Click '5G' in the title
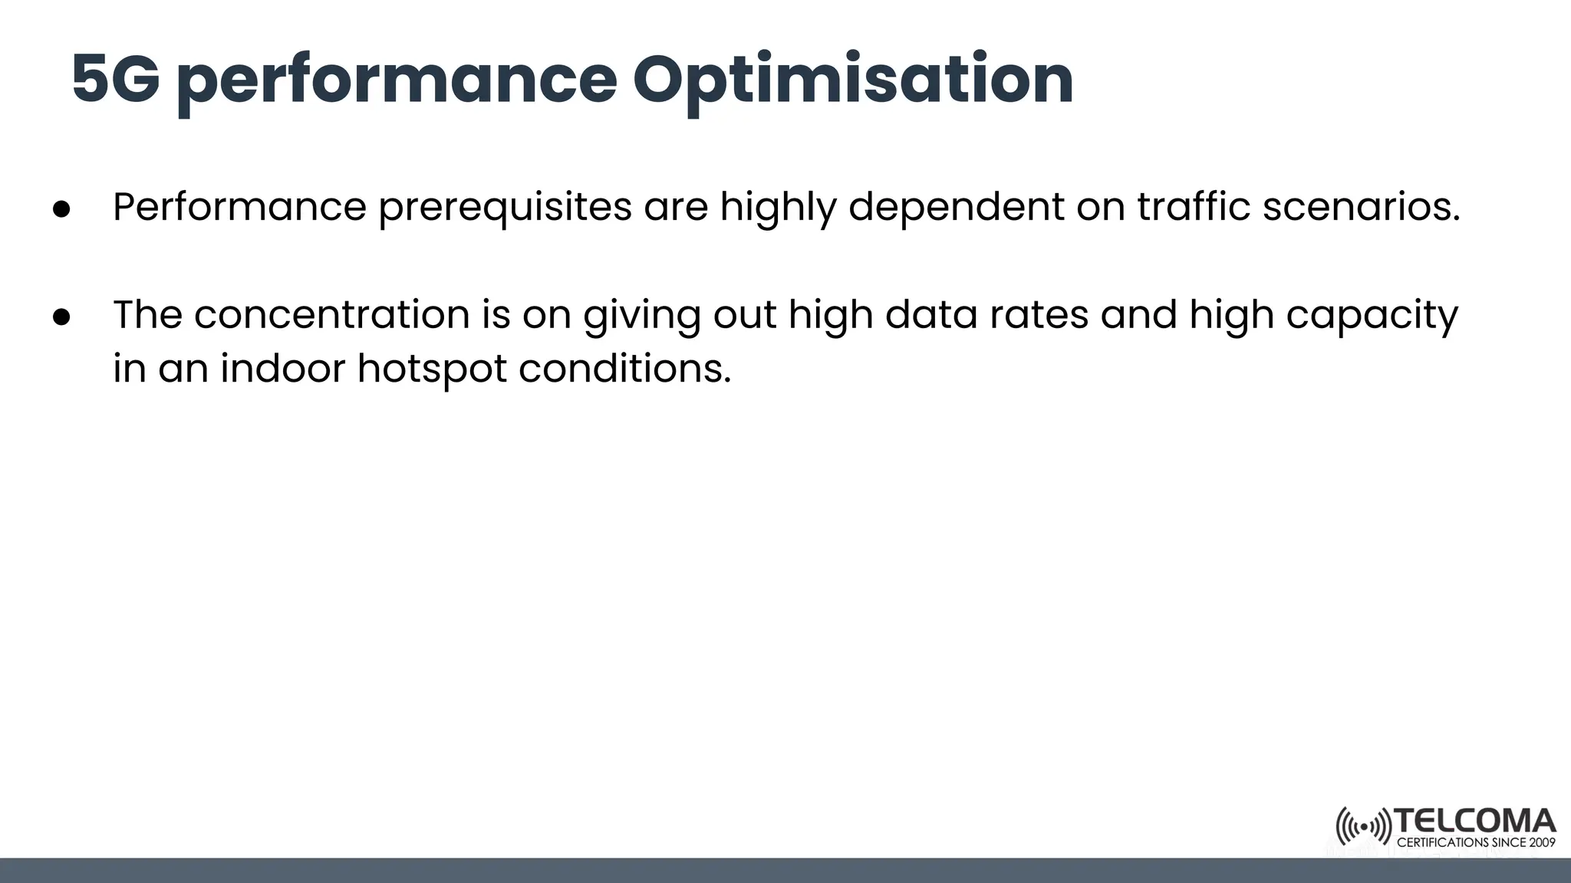coord(115,80)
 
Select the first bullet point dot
coord(61,209)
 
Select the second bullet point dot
coord(61,317)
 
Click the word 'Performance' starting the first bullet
coord(240,207)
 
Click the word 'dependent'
coord(956,207)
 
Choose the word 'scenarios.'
coord(1362,207)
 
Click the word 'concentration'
coord(331,314)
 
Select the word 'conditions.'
coord(624,368)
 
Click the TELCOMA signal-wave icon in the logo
coord(1362,826)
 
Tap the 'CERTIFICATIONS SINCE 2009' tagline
coord(1476,842)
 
